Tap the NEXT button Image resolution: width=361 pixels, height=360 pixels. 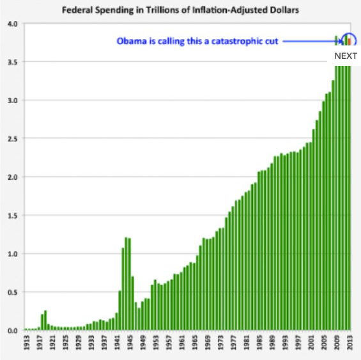coord(346,56)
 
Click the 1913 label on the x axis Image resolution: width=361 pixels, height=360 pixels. coord(26,344)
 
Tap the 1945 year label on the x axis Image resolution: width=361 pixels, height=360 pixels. coord(130,344)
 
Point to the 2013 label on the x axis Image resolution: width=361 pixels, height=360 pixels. coord(349,344)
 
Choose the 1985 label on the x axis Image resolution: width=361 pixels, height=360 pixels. coord(259,344)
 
